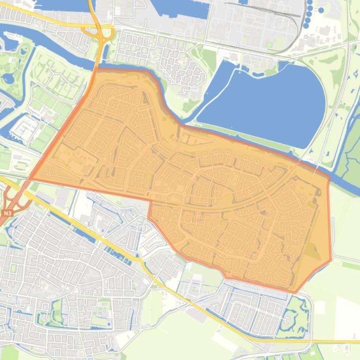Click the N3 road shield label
click(x=7, y=213)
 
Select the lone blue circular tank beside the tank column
click(x=321, y=10)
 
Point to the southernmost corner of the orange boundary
click(x=295, y=293)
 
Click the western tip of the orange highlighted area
click(x=31, y=179)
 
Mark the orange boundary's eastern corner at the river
click(x=329, y=177)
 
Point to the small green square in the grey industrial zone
click(x=269, y=45)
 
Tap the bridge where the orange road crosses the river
click(x=97, y=63)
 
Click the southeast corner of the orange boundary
click(x=331, y=260)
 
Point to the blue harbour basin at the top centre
click(x=180, y=8)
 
